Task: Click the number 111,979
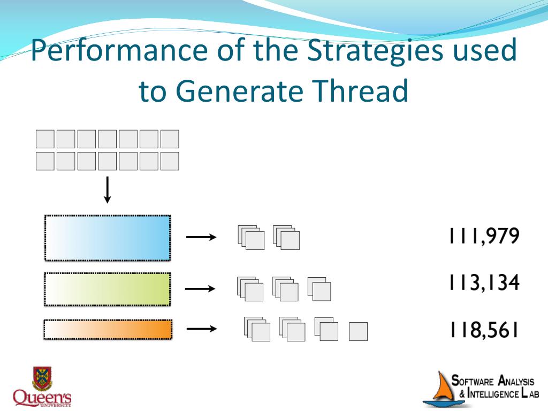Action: click(x=484, y=237)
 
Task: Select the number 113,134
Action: click(x=484, y=283)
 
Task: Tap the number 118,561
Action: click(x=484, y=330)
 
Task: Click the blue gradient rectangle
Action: click(x=107, y=238)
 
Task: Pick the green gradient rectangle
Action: click(x=107, y=289)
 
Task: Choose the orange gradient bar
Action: click(x=108, y=330)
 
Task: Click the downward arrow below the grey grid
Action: click(x=108, y=190)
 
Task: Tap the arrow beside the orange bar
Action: click(x=201, y=329)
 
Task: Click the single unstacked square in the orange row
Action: click(x=358, y=332)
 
